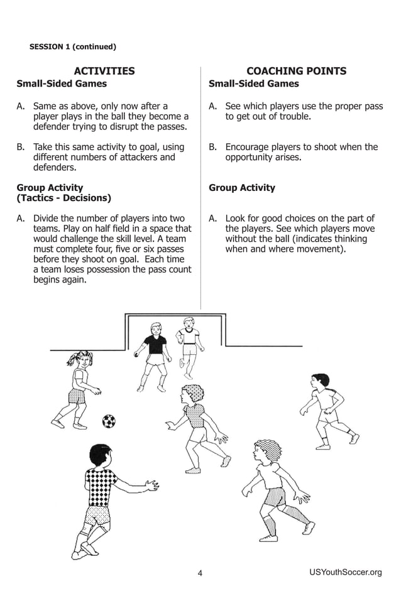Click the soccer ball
tap(109, 421)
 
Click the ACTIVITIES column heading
tap(104, 71)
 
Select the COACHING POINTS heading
tap(296, 71)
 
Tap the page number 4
tap(200, 573)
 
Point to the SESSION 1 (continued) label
tap(73, 46)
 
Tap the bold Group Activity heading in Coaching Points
tap(241, 188)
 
